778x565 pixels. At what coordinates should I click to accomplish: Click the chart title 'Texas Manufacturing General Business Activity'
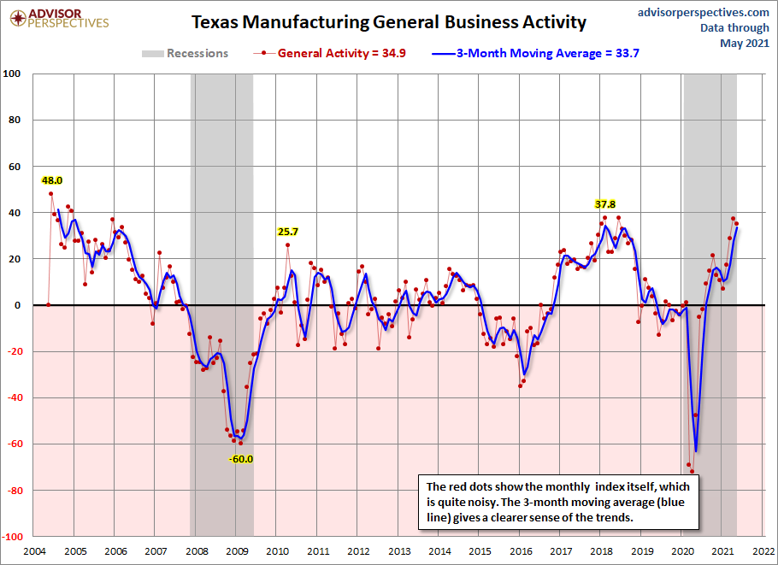[389, 21]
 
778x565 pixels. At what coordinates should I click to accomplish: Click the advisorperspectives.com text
[704, 12]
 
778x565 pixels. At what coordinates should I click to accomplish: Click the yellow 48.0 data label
[52, 180]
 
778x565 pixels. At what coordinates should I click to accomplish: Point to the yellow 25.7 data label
[287, 232]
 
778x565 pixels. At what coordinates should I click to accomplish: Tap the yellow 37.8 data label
[605, 204]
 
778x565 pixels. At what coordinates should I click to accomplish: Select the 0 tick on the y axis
[18, 305]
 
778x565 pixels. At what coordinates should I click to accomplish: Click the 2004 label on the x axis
[34, 552]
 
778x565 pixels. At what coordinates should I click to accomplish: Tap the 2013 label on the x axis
[399, 552]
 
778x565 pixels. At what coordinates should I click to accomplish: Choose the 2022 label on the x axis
[764, 552]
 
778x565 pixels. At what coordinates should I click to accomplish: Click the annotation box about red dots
[559, 499]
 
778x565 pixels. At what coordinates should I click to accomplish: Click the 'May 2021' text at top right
[746, 43]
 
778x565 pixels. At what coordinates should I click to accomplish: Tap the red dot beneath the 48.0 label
[50, 194]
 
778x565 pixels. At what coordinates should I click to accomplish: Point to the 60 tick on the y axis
[15, 166]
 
